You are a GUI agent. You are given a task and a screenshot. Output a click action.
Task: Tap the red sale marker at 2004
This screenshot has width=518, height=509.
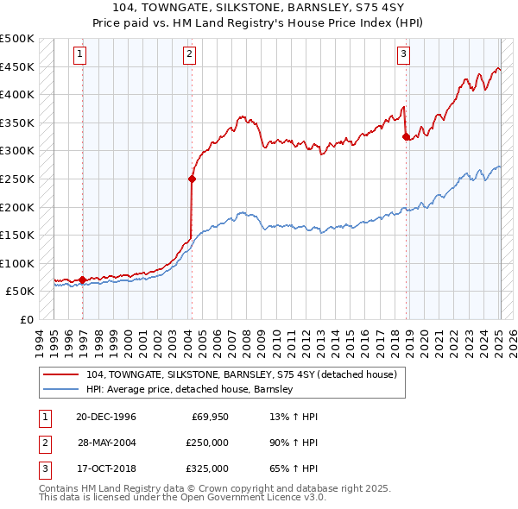[x=192, y=179]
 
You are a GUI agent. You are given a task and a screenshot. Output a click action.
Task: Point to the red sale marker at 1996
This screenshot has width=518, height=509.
[x=83, y=280]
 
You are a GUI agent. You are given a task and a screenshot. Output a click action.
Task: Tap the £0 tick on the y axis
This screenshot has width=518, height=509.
[x=25, y=319]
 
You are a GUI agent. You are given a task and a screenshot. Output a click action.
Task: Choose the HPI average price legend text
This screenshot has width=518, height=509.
[x=190, y=389]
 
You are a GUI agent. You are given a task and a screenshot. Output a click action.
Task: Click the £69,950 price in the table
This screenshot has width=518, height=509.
[x=210, y=417]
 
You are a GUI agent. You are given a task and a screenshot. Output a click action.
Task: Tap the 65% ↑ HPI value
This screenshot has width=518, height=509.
[x=294, y=468]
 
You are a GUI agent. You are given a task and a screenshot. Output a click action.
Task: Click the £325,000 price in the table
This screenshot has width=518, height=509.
[x=207, y=468]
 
